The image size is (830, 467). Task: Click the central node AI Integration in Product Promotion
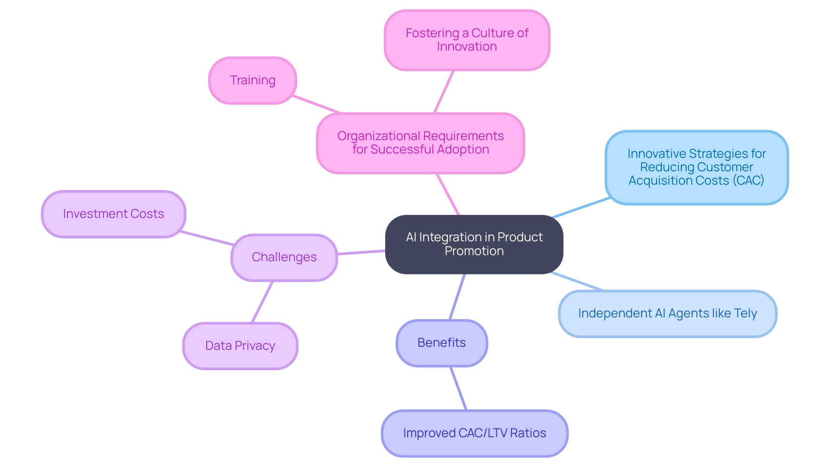pyautogui.click(x=474, y=244)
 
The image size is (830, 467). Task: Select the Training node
pyautogui.click(x=252, y=80)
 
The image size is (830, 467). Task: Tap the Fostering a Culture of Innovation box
pyautogui.click(x=467, y=40)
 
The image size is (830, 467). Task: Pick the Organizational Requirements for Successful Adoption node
pyautogui.click(x=420, y=143)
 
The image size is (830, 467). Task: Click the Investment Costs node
pyautogui.click(x=113, y=214)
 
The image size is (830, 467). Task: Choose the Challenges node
pyautogui.click(x=284, y=257)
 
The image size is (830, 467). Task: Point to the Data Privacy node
pyautogui.click(x=240, y=346)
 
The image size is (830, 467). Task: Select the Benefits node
pyautogui.click(x=441, y=343)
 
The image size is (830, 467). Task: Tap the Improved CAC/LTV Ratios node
pyautogui.click(x=474, y=433)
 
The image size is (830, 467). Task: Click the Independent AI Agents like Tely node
pyautogui.click(x=667, y=313)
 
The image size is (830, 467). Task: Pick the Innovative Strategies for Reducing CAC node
pyautogui.click(x=696, y=167)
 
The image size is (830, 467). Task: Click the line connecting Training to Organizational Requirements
pyautogui.click(x=317, y=104)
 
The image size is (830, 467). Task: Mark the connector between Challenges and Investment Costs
pyautogui.click(x=207, y=238)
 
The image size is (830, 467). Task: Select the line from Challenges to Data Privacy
pyautogui.click(x=262, y=302)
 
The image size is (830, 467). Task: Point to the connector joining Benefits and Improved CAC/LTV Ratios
pyautogui.click(x=458, y=388)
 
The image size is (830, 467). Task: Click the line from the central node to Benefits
pyautogui.click(x=457, y=297)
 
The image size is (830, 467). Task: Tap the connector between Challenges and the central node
pyautogui.click(x=361, y=252)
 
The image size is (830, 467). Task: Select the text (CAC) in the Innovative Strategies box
pyautogui.click(x=748, y=180)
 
